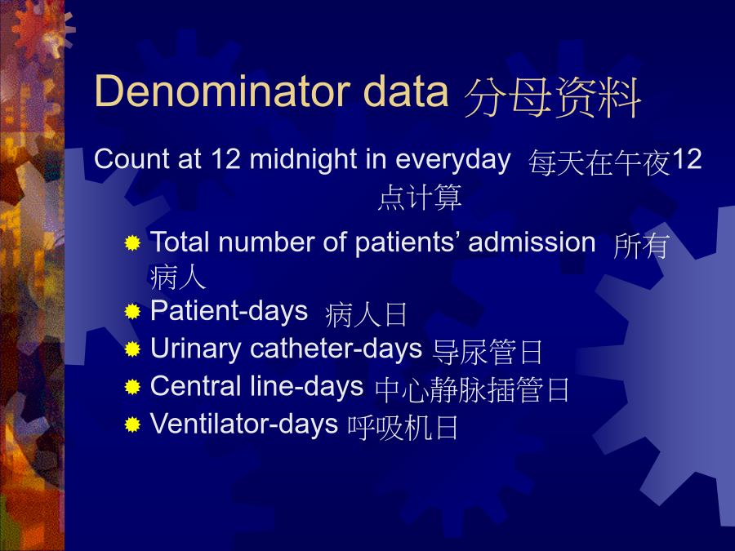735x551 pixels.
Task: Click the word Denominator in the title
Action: [223, 91]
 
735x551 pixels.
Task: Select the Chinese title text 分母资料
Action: [552, 97]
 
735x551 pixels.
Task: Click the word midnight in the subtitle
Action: [303, 159]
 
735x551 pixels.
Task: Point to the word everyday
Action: [452, 160]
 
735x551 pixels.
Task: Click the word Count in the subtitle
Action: [131, 159]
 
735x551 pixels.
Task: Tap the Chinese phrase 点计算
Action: [420, 198]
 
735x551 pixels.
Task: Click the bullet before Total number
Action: [132, 242]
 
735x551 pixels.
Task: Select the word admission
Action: [532, 242]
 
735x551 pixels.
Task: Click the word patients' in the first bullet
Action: [407, 243]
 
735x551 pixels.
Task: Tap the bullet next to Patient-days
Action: [132, 311]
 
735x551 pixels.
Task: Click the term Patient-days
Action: [229, 312]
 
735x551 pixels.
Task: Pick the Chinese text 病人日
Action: [366, 315]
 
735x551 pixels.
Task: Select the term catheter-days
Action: [336, 349]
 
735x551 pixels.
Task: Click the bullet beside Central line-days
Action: [132, 387]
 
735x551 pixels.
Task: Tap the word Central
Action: [195, 386]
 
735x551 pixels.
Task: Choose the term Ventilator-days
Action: [243, 424]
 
